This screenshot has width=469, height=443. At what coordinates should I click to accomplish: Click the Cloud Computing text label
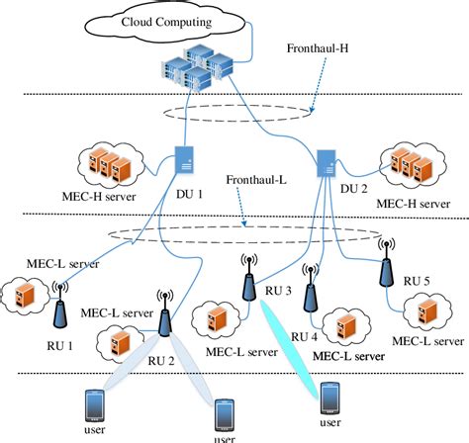pyautogui.click(x=186, y=21)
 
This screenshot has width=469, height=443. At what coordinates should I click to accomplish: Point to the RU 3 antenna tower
pyautogui.click(x=247, y=279)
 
